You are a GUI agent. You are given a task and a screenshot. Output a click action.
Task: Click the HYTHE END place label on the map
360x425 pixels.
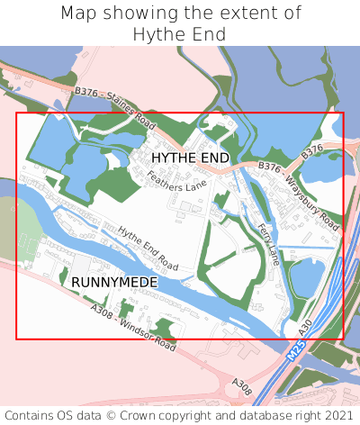coord(190,158)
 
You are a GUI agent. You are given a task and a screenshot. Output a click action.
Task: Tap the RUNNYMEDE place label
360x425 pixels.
coord(114,283)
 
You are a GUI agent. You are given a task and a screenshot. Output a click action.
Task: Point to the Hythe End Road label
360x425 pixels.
coord(148,249)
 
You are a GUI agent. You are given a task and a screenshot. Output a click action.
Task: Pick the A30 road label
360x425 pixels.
coord(304,325)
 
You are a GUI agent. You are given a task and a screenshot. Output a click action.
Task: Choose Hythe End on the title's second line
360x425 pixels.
coord(179,34)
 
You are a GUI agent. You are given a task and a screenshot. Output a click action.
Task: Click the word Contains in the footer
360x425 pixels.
coord(28,415)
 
